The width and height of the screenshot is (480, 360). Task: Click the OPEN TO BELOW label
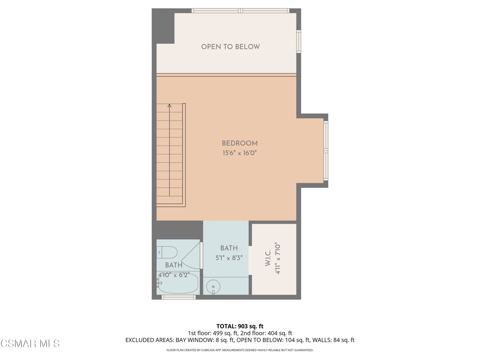pos(230,47)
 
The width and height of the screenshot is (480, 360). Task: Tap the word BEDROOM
pos(240,143)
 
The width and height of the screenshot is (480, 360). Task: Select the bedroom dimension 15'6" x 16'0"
pos(240,153)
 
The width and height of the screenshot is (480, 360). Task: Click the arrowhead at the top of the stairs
pos(169,106)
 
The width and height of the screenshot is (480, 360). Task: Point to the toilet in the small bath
pos(167,252)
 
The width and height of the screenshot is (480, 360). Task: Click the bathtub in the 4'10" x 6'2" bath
pos(178,284)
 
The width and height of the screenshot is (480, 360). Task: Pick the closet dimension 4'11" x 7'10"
pos(277,258)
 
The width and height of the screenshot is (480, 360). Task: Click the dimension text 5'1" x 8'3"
pos(229,257)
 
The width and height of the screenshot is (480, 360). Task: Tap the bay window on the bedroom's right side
pos(326,151)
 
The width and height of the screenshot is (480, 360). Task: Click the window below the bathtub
pos(178,297)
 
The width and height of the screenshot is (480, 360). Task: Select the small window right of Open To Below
pos(299,41)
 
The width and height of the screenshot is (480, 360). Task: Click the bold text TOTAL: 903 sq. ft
pos(240,326)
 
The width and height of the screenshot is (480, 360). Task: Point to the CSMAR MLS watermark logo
pos(30,344)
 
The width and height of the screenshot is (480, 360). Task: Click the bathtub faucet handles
pos(158,283)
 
